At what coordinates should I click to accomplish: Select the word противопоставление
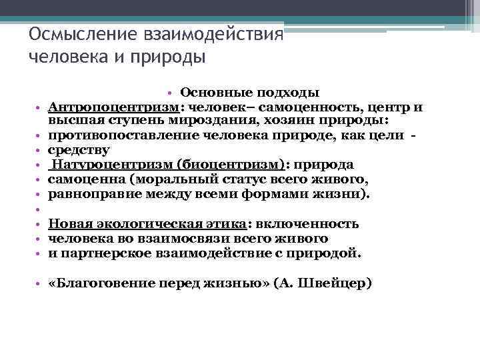pos(123,135)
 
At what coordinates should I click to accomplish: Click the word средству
pos(77,150)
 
